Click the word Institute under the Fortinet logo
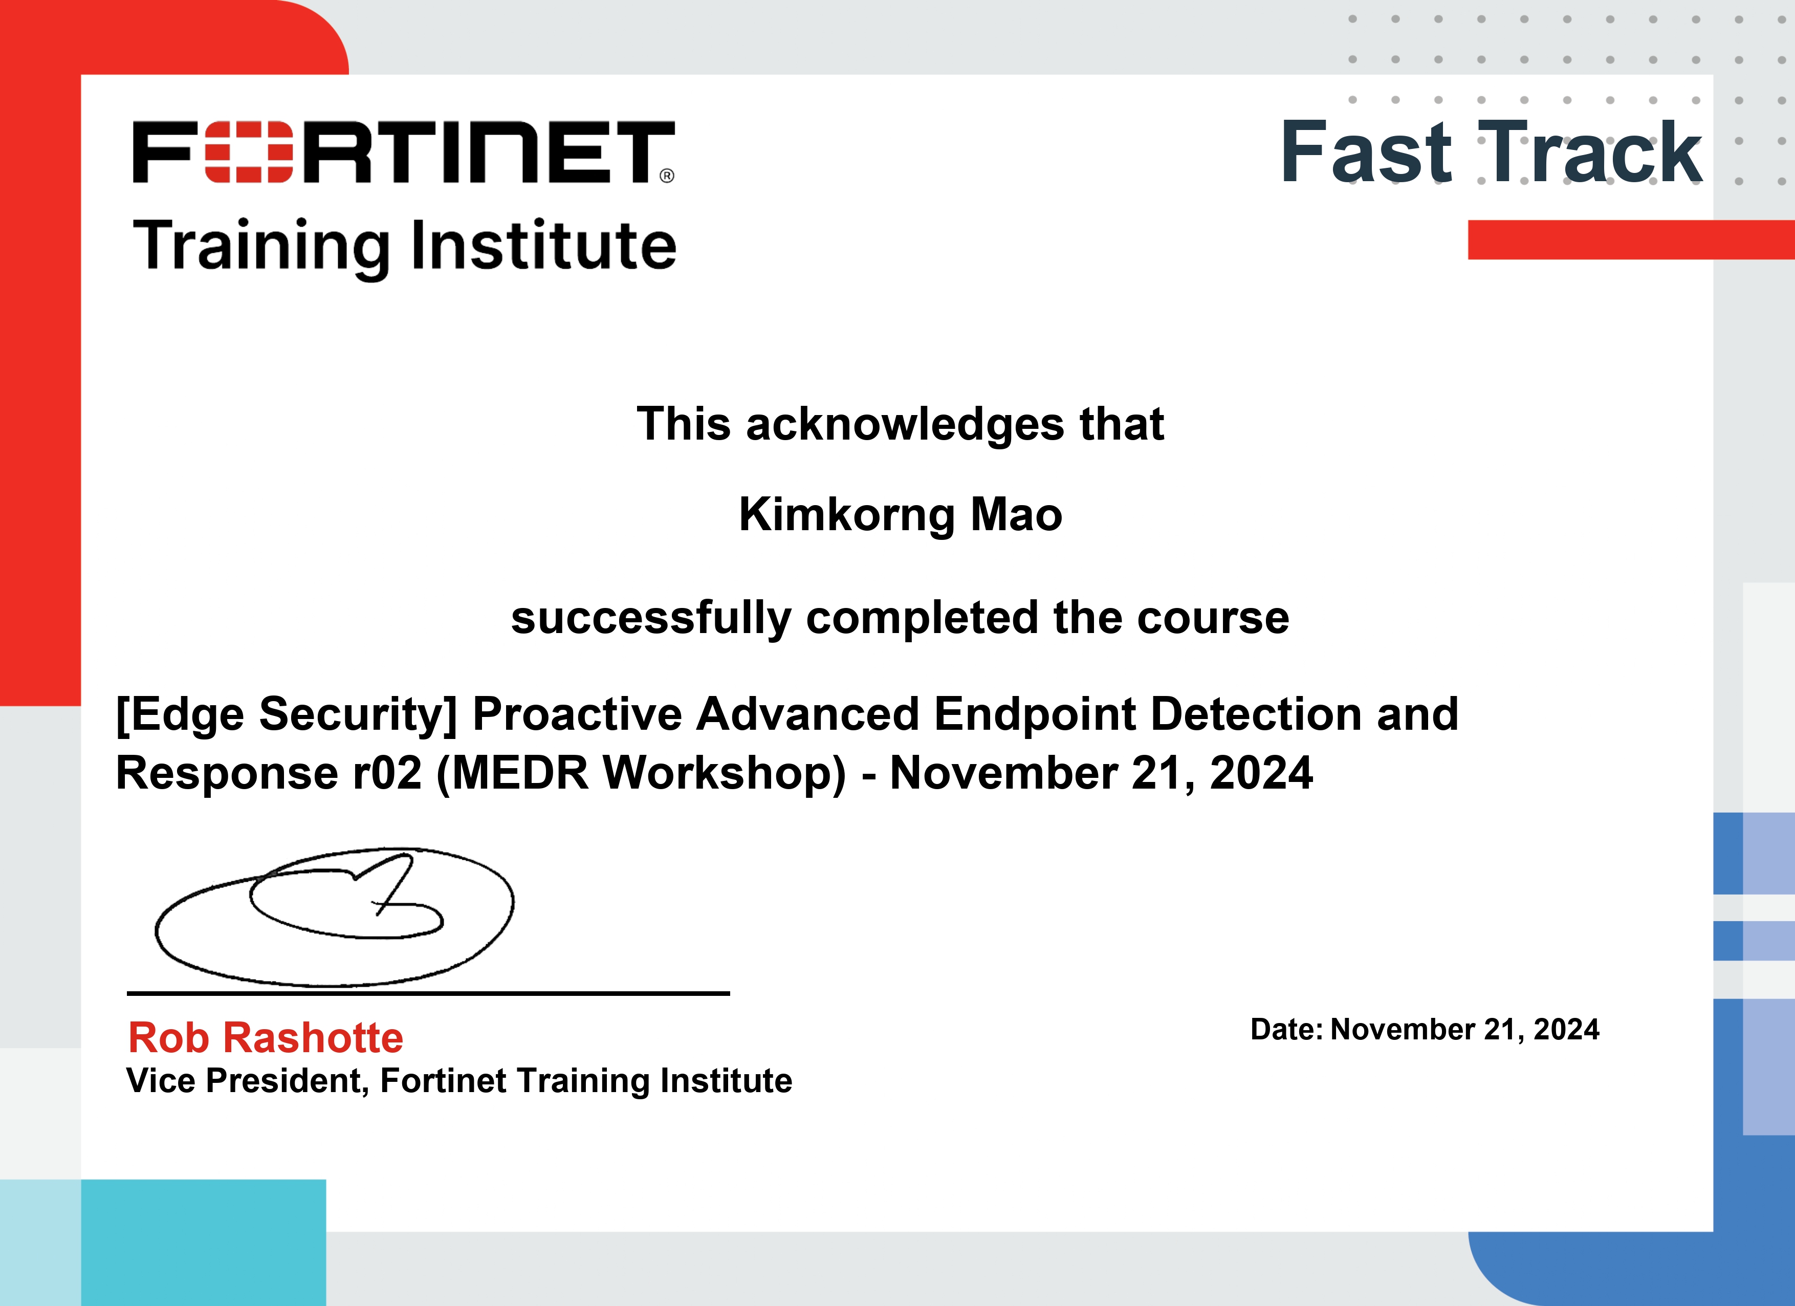tap(544, 245)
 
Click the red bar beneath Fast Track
tap(1630, 240)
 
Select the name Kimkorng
tap(846, 516)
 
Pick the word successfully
tap(650, 618)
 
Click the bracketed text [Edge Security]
tap(287, 715)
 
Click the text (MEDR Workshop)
tap(641, 773)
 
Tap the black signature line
tap(427, 993)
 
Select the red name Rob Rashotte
tap(266, 1038)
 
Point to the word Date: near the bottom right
tap(1286, 1030)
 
